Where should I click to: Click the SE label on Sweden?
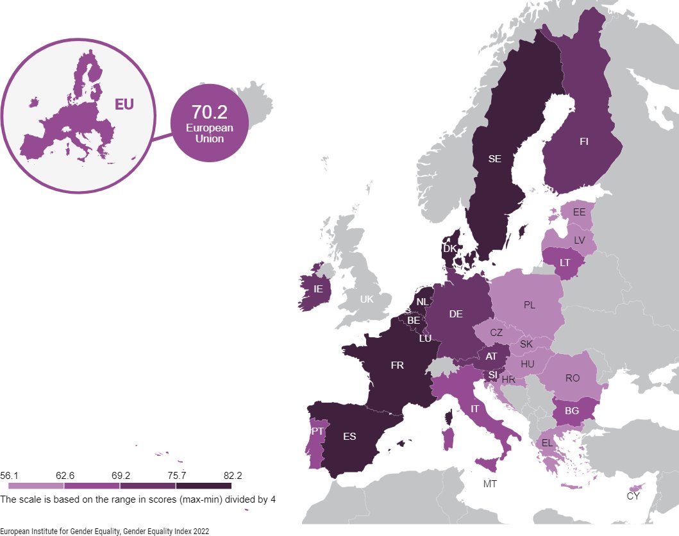(x=494, y=160)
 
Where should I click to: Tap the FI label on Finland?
(x=583, y=142)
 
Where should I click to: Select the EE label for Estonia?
(x=579, y=212)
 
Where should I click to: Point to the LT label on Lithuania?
(x=565, y=263)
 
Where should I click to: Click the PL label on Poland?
(x=529, y=305)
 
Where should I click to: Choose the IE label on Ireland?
(x=317, y=289)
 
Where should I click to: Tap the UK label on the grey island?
(x=366, y=299)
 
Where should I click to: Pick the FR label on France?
(x=397, y=365)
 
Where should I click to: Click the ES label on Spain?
(x=349, y=437)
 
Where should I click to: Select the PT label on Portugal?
(x=317, y=431)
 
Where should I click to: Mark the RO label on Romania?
(x=573, y=378)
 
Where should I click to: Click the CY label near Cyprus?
(x=633, y=496)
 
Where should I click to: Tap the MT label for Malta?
(x=490, y=484)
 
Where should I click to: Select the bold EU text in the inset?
(x=124, y=104)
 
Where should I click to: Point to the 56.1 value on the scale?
(x=10, y=475)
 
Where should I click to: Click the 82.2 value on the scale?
(x=233, y=475)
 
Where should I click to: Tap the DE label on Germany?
(x=456, y=314)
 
